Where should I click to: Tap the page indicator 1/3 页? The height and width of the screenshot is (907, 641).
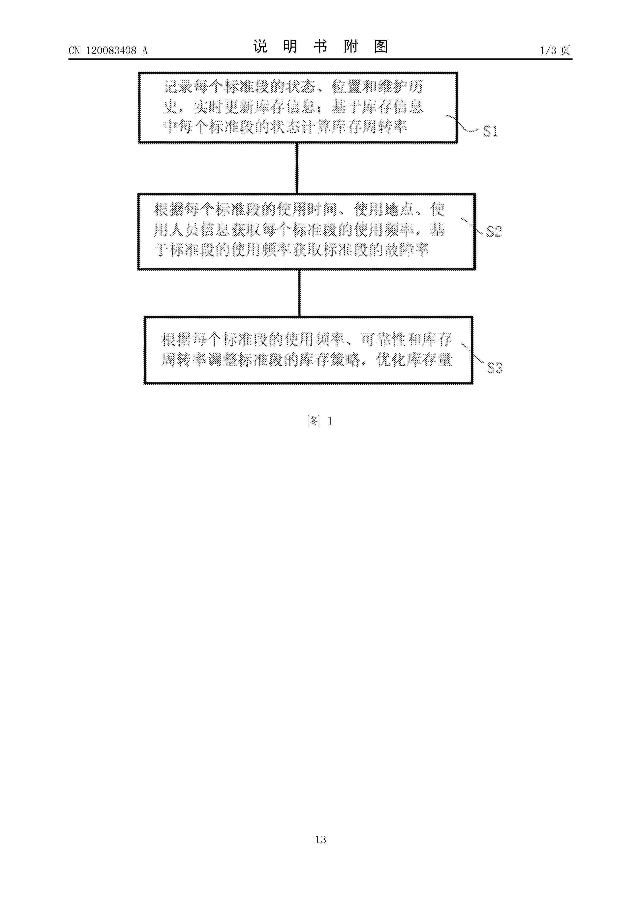coord(555,50)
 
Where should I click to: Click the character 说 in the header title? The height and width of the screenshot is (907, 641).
coord(260,47)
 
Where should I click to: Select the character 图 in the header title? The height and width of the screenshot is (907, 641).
coord(381,47)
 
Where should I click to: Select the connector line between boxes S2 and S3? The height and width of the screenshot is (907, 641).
coord(299,293)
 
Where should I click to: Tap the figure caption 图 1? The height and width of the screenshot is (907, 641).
coord(320,421)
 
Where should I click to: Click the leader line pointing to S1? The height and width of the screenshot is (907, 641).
coord(462,123)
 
